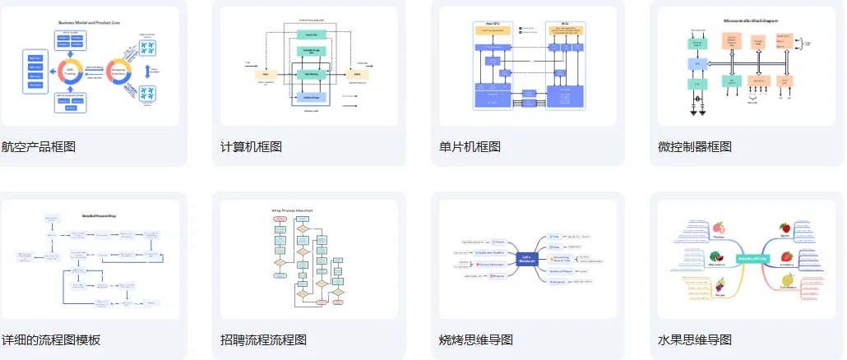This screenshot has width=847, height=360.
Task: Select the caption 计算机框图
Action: (251, 147)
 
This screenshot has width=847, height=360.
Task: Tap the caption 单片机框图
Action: (470, 147)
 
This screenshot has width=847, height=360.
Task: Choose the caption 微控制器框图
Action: (694, 147)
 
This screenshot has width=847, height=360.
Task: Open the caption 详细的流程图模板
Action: (51, 340)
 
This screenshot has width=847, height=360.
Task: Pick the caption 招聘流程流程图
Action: (263, 340)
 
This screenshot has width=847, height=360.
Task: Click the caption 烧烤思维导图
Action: (476, 340)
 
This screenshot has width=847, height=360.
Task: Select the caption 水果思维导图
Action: (694, 340)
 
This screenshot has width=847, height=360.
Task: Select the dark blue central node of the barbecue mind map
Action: (527, 260)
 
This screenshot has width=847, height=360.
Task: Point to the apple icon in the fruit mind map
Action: (785, 228)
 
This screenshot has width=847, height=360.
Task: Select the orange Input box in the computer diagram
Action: (266, 73)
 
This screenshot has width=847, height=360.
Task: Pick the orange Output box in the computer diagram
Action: (357, 73)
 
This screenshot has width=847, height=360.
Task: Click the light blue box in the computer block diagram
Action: (311, 97)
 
